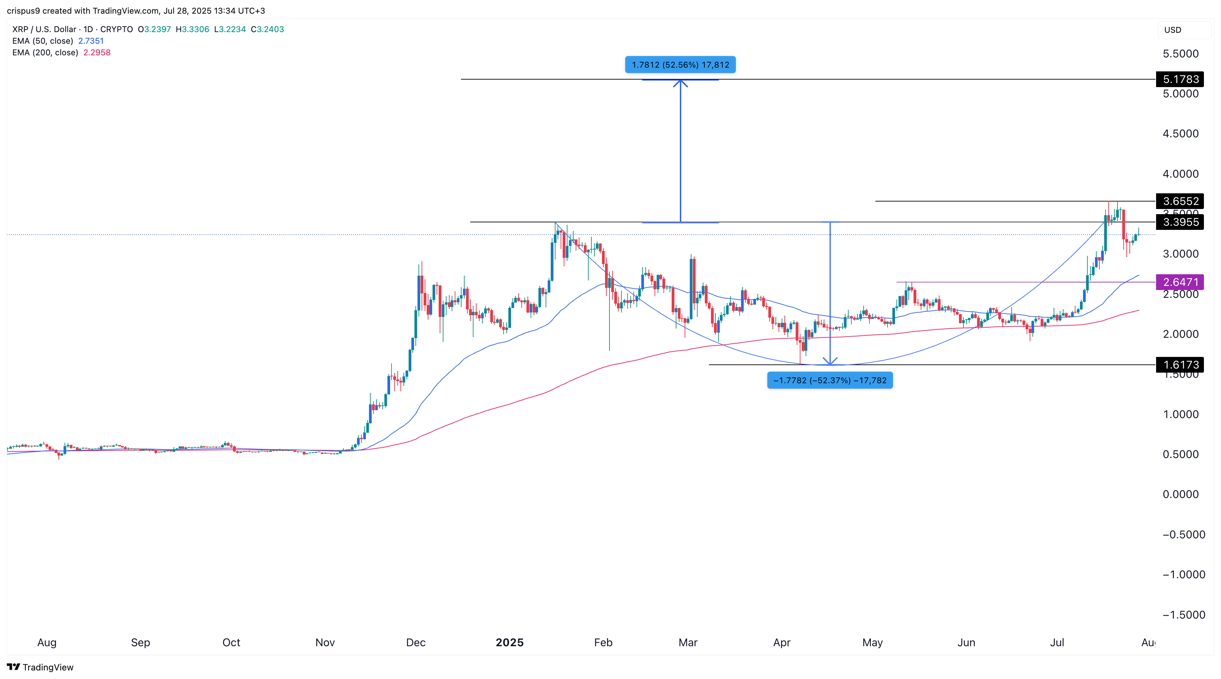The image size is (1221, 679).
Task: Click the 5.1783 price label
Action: click(1180, 79)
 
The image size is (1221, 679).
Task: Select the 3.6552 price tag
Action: click(1180, 201)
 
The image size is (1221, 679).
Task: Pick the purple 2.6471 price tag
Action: click(1180, 282)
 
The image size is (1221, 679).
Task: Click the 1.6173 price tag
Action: click(1180, 364)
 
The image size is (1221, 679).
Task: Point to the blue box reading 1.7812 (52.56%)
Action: click(680, 65)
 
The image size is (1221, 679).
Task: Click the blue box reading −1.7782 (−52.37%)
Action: click(829, 380)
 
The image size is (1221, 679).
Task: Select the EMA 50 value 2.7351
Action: click(91, 41)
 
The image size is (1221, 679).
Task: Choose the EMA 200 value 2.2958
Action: click(97, 53)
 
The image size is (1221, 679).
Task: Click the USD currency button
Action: click(1173, 30)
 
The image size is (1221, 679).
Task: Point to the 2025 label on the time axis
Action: click(509, 642)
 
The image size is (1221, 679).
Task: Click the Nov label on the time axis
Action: click(325, 642)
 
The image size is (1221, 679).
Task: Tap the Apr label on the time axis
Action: click(782, 642)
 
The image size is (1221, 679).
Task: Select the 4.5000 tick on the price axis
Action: click(1180, 134)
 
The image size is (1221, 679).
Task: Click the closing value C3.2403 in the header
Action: click(267, 29)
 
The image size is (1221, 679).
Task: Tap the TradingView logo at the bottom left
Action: click(40, 667)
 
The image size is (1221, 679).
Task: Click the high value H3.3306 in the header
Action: click(192, 29)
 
